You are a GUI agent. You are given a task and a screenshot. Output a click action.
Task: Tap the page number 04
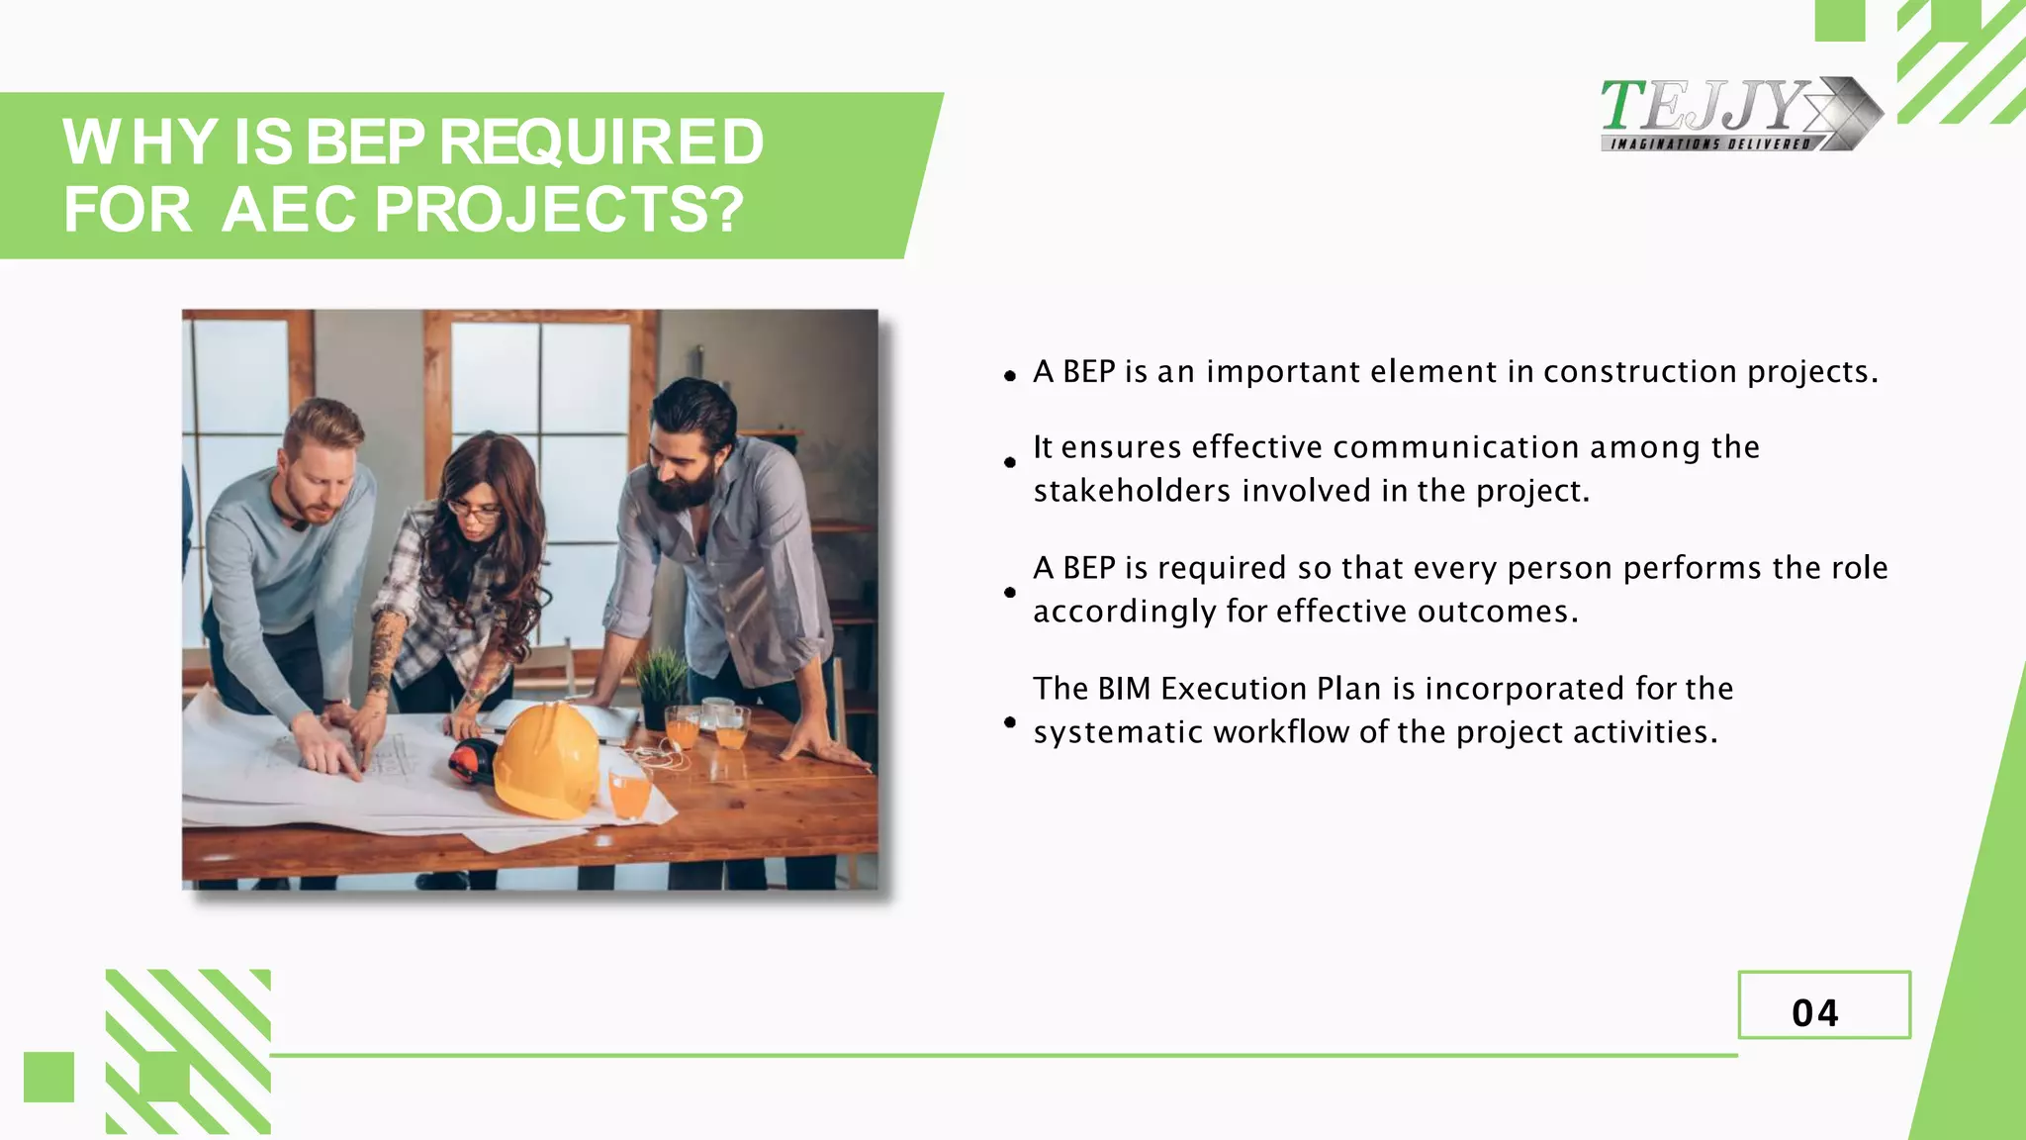pos(1815,1012)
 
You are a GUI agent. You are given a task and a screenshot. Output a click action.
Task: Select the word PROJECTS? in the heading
pos(559,210)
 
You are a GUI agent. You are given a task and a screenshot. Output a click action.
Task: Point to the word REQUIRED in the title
pos(601,142)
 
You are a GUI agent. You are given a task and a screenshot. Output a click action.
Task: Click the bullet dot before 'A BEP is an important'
pos(1009,376)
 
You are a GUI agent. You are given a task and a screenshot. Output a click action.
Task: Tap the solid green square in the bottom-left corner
pos(48,1077)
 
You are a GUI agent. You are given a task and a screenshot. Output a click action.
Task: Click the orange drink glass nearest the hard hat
pos(630,793)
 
